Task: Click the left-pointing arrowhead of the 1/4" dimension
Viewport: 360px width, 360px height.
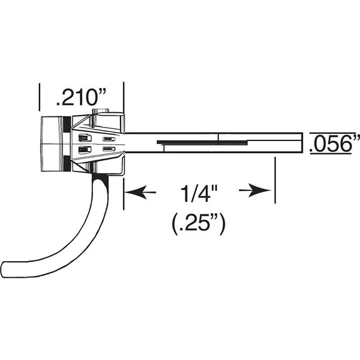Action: [x=133, y=192]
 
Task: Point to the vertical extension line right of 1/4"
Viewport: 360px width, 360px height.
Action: [x=275, y=180]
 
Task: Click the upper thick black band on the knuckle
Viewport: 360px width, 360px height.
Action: [x=64, y=128]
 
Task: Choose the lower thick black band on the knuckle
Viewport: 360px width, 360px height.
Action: [x=64, y=159]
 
